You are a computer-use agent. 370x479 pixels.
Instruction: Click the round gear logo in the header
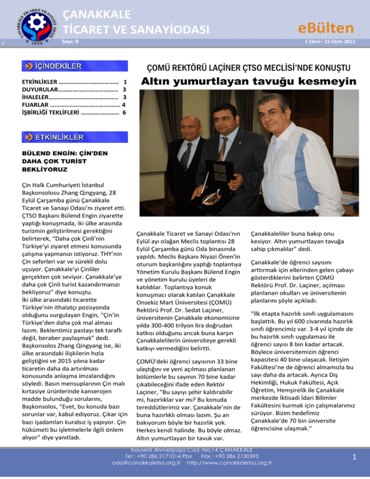[37, 23]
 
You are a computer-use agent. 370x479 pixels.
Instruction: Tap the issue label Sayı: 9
[70, 41]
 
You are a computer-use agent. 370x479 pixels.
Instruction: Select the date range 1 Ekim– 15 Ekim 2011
[330, 42]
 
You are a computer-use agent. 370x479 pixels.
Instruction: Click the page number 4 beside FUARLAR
[124, 105]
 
